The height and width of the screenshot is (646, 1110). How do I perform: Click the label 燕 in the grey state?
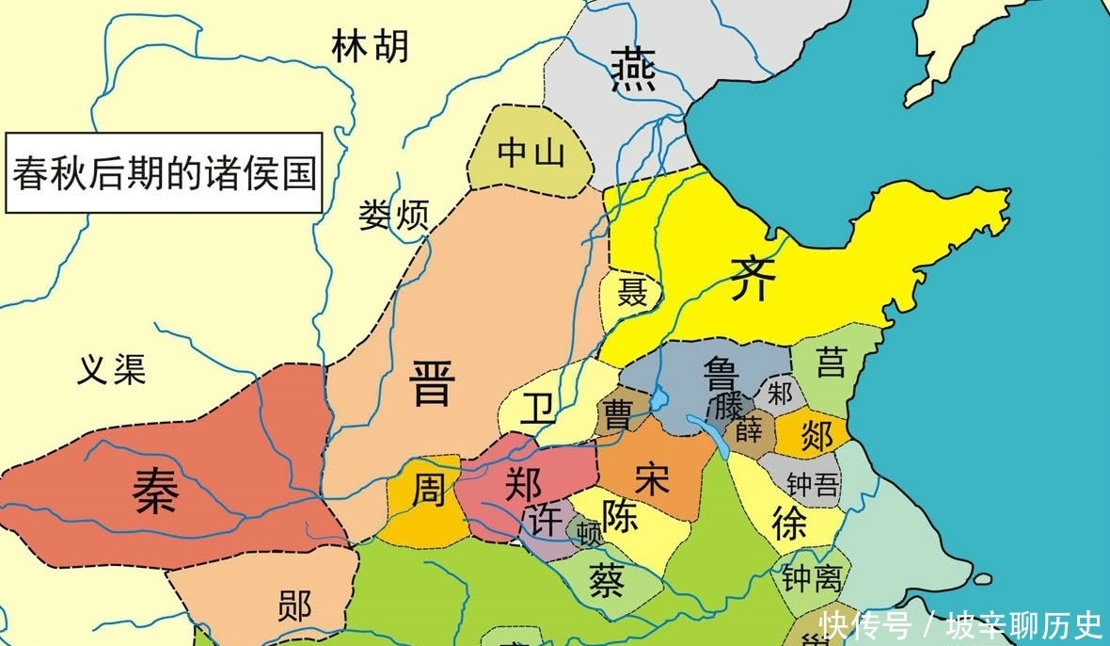[x=628, y=69]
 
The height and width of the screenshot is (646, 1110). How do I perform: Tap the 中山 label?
[x=531, y=151]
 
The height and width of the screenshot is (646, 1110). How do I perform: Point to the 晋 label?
[x=433, y=383]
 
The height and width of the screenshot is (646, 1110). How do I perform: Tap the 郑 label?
[x=523, y=484]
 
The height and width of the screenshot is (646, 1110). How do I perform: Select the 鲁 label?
[x=722, y=378]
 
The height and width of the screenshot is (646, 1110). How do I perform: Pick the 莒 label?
[x=831, y=363]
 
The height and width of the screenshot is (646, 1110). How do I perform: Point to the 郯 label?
[x=817, y=434]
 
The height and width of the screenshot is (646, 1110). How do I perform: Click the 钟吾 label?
[x=814, y=484]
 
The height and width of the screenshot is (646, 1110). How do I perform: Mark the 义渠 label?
[x=111, y=370]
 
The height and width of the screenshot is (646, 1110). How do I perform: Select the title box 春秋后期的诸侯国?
[x=164, y=175]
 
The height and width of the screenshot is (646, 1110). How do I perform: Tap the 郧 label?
[x=294, y=606]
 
